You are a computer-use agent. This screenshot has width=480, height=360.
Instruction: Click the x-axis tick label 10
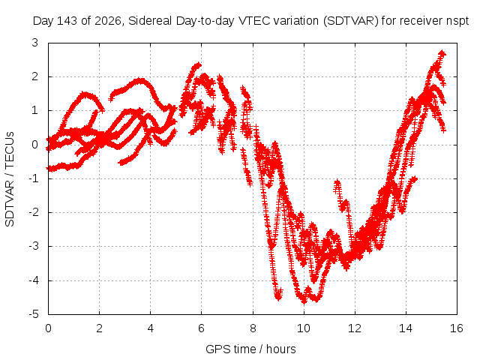[303, 328]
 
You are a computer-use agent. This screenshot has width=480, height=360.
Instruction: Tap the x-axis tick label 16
[457, 328]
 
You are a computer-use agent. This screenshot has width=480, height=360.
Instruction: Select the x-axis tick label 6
[201, 328]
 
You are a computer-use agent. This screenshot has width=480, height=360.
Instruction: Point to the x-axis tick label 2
[99, 328]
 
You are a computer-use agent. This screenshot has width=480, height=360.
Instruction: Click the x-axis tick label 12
[355, 328]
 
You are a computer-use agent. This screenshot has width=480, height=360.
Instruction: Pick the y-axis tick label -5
[34, 314]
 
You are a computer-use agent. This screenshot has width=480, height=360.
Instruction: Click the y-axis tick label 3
[35, 43]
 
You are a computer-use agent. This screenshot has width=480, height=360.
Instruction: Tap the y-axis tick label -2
[34, 212]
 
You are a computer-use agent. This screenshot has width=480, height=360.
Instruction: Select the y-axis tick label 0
[35, 145]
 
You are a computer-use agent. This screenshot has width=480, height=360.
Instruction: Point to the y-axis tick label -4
[34, 280]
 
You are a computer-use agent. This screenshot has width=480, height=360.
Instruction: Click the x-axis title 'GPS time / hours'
[250, 349]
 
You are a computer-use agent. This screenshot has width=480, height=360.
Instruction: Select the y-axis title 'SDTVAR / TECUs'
[10, 179]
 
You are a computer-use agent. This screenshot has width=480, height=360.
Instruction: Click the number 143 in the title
[67, 21]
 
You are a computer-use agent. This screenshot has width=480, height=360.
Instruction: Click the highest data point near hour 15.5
[442, 53]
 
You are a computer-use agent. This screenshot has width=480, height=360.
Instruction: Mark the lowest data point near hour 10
[304, 301]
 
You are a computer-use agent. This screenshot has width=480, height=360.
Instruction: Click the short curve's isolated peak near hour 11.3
[337, 182]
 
